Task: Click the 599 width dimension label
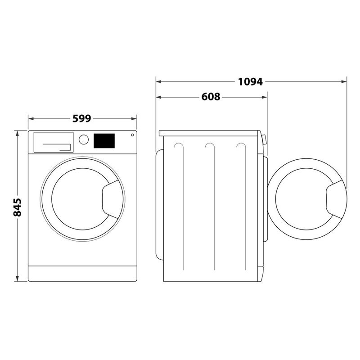pos(82,119)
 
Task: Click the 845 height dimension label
pos(17,207)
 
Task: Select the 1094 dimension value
pos(250,82)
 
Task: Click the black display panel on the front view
pos(104,141)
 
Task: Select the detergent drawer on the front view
pos(53,142)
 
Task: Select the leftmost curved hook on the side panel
pos(178,146)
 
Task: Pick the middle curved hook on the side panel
pos(209,146)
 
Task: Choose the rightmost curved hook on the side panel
pos(241,146)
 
